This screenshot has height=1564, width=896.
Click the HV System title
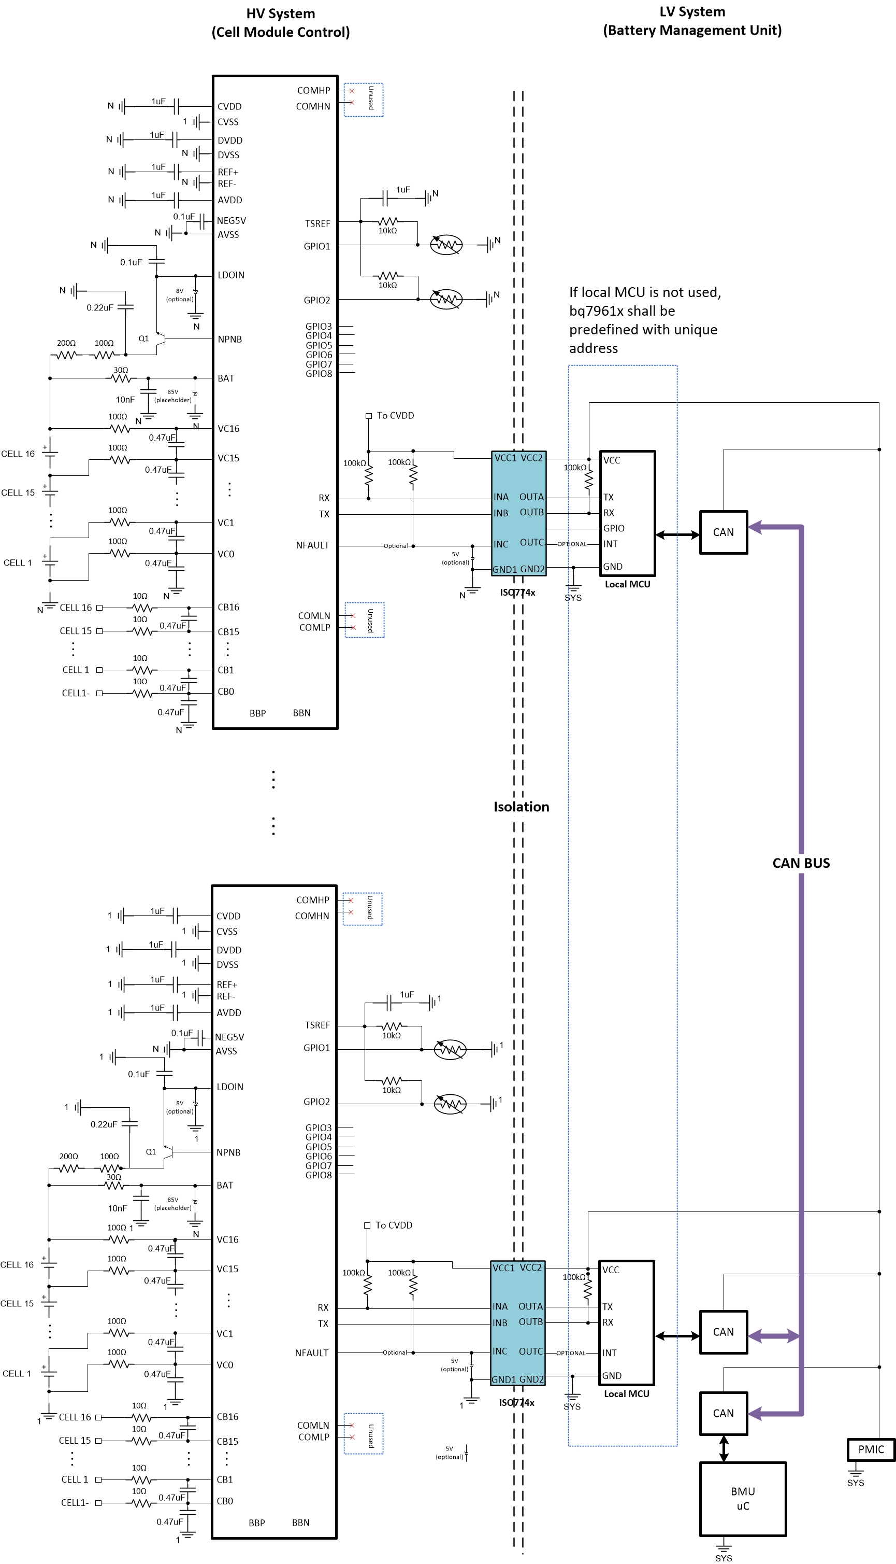pos(281,13)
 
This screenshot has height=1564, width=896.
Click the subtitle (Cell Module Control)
pos(281,32)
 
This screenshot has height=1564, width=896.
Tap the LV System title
pos(692,12)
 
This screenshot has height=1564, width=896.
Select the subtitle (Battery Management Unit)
pos(692,30)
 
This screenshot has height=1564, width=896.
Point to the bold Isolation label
pos(521,807)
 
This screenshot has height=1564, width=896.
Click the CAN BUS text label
pos(801,863)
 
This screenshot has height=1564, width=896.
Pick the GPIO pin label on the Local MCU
pos(614,528)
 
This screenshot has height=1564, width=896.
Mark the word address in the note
pos(593,348)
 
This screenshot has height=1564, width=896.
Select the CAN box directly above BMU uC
pos(723,1413)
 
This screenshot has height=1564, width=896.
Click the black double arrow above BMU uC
pos(724,1449)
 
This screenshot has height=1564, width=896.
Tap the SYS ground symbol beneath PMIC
pos(856,1475)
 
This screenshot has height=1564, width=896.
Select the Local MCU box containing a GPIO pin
pos(627,513)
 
